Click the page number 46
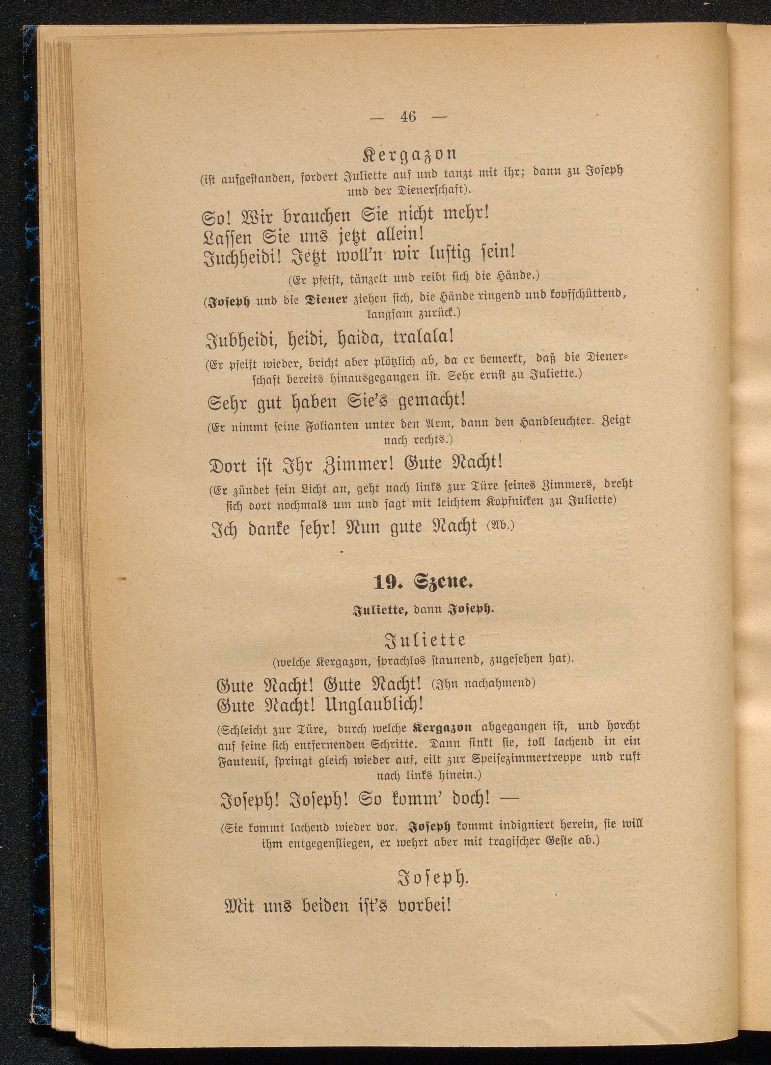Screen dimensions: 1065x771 [x=408, y=116]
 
